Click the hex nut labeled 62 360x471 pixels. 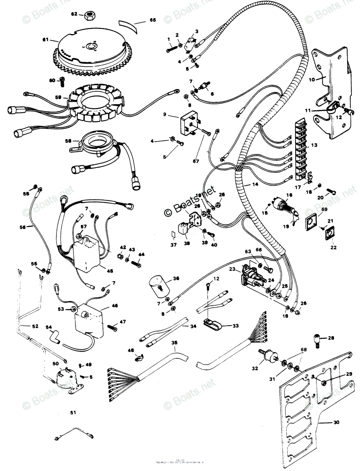pos(90,15)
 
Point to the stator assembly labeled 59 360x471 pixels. pos(95,105)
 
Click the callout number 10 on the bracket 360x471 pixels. pos(312,80)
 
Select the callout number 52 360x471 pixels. pos(24,325)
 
